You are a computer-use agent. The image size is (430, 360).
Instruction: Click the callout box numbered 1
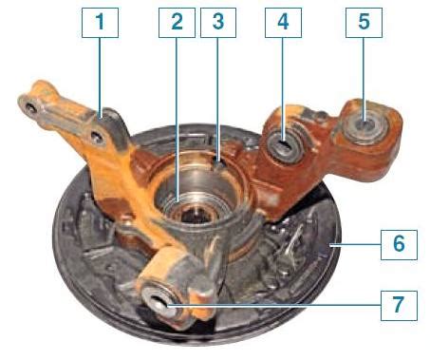point(100,23)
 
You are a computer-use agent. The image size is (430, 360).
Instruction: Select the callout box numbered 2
point(177,23)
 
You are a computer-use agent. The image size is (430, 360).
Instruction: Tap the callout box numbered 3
point(218,23)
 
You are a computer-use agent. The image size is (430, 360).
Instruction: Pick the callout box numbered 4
point(283,23)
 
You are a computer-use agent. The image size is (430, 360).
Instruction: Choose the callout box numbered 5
point(364,23)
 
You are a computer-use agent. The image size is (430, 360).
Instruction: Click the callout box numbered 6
point(399,245)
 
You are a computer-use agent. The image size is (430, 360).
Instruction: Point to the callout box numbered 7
point(399,306)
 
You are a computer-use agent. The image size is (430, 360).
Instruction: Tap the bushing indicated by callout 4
point(284,145)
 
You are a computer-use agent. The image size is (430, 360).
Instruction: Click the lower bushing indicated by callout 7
point(161,303)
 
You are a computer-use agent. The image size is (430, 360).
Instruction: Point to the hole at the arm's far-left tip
point(30,108)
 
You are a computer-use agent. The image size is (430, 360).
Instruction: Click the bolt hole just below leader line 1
point(97,137)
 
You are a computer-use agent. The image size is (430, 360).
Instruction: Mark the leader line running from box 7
point(273,306)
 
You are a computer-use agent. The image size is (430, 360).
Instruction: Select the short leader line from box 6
point(355,244)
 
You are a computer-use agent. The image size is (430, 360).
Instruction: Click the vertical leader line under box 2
point(177,120)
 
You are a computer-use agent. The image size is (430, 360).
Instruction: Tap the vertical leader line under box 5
point(364,79)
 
